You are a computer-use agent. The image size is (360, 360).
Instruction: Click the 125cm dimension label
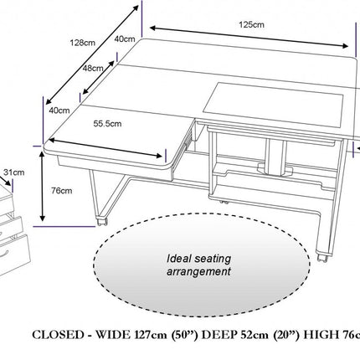tap(251, 24)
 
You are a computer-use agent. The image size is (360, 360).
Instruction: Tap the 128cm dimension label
tap(83, 43)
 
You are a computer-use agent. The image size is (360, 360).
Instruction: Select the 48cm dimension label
tap(93, 68)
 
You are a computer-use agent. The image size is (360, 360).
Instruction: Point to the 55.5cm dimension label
tap(107, 123)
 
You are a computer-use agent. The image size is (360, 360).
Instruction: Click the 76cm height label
tap(61, 191)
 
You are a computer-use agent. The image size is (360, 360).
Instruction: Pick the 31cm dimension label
tap(14, 172)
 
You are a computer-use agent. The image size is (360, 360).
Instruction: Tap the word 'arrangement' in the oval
tap(198, 271)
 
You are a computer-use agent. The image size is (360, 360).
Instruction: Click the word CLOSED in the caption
tap(58, 335)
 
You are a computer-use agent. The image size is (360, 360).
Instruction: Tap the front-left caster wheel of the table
tap(102, 221)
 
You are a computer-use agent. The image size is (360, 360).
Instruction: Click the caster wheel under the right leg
tap(322, 258)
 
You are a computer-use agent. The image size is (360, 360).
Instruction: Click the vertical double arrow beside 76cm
tap(42, 186)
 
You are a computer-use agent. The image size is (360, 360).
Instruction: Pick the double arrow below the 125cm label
tap(249, 37)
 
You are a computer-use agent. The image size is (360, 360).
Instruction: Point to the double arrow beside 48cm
tap(99, 77)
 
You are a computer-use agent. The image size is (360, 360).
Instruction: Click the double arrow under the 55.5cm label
tap(105, 148)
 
